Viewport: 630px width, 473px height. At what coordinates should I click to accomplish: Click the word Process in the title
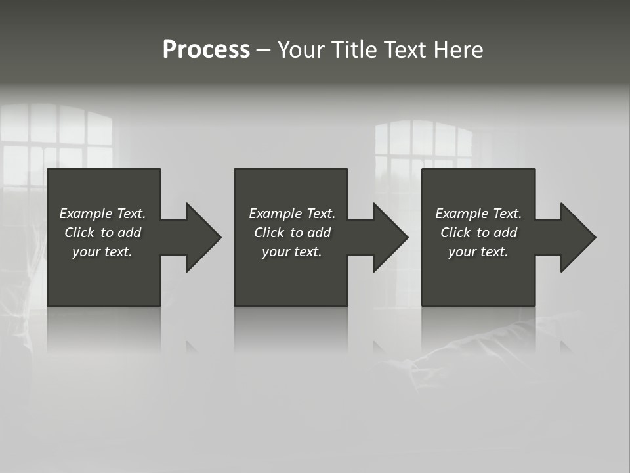point(206,50)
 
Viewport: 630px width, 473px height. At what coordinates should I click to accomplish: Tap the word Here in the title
point(459,50)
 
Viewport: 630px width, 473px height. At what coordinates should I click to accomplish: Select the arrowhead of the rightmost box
point(577,237)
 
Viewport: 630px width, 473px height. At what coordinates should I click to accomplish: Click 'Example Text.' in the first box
point(102,214)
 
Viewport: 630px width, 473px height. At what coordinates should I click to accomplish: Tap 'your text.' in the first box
point(102,252)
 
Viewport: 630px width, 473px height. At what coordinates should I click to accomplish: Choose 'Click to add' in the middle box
point(292,233)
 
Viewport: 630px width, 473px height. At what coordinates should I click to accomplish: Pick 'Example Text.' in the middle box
point(292,214)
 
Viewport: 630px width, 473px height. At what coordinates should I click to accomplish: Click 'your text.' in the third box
point(478,252)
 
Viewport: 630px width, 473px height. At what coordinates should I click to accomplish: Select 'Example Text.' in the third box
point(478,214)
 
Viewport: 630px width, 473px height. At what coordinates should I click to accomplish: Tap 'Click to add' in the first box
point(102,233)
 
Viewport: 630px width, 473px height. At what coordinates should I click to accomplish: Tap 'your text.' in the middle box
point(292,252)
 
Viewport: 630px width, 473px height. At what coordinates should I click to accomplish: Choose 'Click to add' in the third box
point(478,233)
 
